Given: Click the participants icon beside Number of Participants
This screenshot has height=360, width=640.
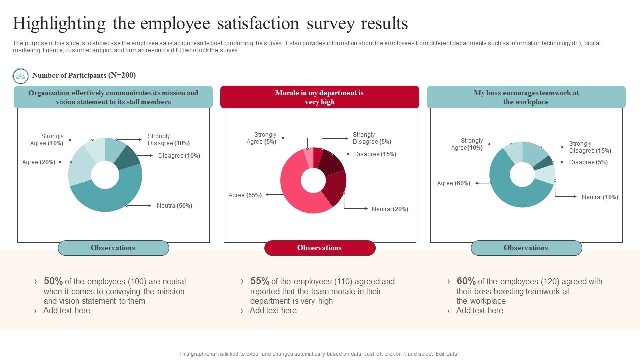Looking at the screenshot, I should [x=20, y=76].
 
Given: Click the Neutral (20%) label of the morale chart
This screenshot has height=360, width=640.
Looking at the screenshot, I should [x=390, y=209].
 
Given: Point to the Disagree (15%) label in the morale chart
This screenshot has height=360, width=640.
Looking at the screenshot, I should [x=375, y=154].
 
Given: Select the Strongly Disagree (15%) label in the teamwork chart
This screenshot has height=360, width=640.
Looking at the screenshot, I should [x=590, y=147].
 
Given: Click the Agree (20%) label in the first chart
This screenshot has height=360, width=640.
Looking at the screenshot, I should [x=39, y=162].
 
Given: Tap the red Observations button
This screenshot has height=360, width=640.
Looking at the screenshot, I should [x=320, y=248].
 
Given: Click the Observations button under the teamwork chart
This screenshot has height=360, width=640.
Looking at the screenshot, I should [x=526, y=248].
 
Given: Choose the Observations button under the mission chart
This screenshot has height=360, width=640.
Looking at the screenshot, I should [x=113, y=248].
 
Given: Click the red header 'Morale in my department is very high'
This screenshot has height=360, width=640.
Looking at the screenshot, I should [x=320, y=97].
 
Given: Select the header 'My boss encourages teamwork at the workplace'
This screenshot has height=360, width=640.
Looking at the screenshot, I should [x=526, y=97].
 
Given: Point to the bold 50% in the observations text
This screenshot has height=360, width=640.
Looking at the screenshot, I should [x=53, y=281].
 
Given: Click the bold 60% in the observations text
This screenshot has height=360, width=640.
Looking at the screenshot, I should [x=466, y=281].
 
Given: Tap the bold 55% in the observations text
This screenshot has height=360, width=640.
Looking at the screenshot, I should [x=260, y=281].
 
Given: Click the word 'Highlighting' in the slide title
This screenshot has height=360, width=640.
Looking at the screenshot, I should [x=59, y=23].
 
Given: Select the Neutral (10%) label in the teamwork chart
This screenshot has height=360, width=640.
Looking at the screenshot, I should [x=600, y=197].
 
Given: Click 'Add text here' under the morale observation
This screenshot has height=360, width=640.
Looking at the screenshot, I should [x=273, y=311].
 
